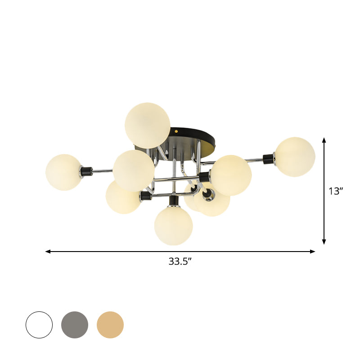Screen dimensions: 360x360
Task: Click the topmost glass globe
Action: pyautogui.click(x=148, y=125)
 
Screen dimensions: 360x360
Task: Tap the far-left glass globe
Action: pyautogui.click(x=64, y=172)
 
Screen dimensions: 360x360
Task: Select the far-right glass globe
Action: pyautogui.click(x=295, y=157)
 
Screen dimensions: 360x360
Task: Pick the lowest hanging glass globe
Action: pyautogui.click(x=173, y=226)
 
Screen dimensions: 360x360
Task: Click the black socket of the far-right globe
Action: pyautogui.click(x=269, y=158)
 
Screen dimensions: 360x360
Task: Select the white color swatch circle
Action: pyautogui.click(x=39, y=325)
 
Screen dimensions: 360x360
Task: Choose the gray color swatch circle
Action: pyautogui.click(x=75, y=325)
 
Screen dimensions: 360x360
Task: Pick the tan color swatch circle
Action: pyautogui.click(x=110, y=325)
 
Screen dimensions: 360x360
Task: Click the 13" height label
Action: pyautogui.click(x=336, y=191)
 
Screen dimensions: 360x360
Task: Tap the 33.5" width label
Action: pyautogui.click(x=180, y=261)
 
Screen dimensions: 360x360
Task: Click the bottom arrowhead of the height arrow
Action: pyautogui.click(x=324, y=243)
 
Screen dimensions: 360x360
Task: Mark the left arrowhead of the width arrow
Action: pyautogui.click(x=47, y=252)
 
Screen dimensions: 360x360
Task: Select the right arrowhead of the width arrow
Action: pyautogui.click(x=313, y=252)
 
